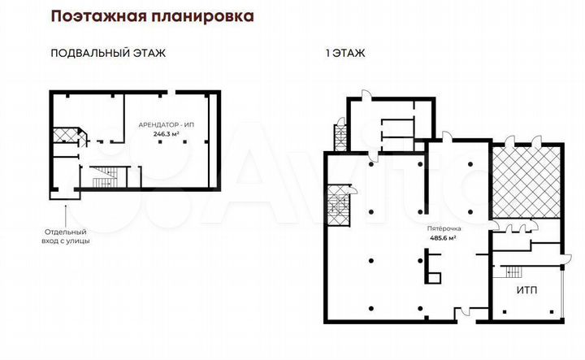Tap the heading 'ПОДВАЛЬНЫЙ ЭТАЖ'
point(108,54)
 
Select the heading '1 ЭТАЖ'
point(345,54)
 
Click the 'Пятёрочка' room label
point(441,229)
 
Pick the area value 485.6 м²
point(441,238)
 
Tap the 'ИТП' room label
point(527,290)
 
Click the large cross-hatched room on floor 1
point(526,180)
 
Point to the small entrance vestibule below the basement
point(63,193)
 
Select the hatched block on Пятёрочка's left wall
point(337,205)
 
